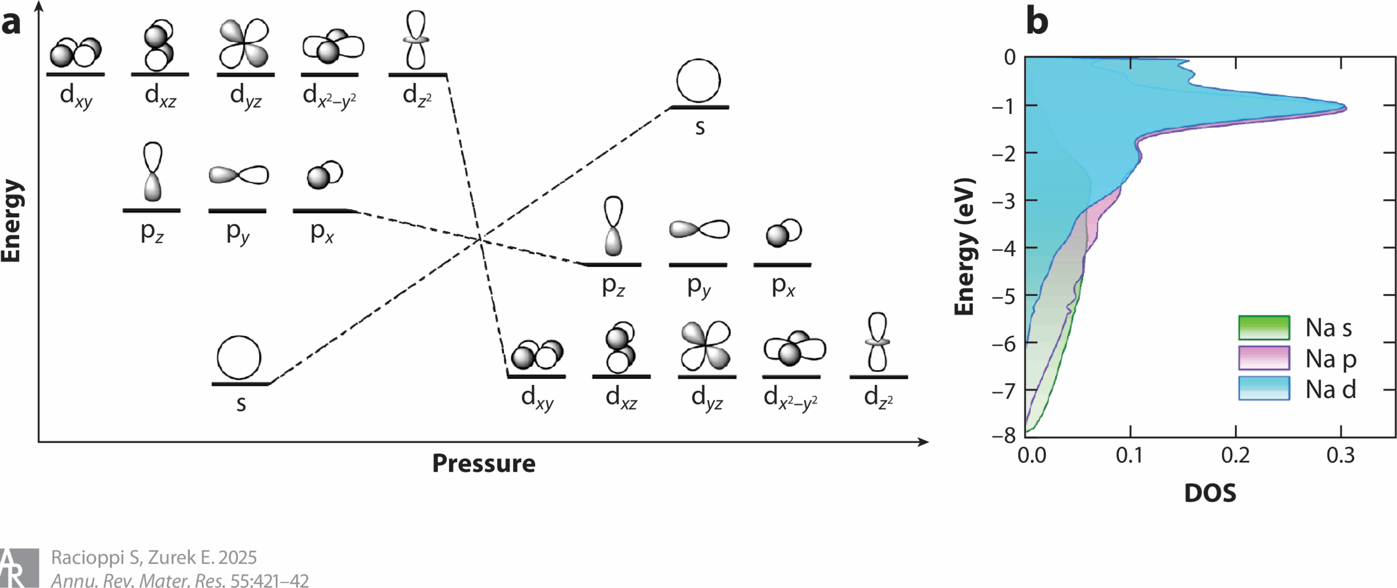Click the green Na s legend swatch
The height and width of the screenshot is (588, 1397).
(x=1263, y=328)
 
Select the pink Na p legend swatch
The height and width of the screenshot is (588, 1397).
(x=1263, y=358)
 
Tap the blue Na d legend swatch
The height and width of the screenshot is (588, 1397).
(x=1263, y=389)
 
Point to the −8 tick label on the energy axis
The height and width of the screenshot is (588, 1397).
(x=1004, y=436)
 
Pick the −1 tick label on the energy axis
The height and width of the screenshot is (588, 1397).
(x=1004, y=106)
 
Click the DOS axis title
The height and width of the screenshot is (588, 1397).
(x=1210, y=493)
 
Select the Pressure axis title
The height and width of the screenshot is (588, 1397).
(x=483, y=464)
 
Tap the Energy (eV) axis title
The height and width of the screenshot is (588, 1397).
(x=965, y=246)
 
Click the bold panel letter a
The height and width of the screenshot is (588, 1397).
(x=11, y=23)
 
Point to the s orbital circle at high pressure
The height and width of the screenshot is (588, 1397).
(x=698, y=81)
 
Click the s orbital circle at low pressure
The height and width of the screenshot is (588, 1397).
(x=239, y=358)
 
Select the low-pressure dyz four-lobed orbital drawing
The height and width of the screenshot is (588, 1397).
(x=244, y=44)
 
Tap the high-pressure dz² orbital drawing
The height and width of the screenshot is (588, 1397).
(x=877, y=342)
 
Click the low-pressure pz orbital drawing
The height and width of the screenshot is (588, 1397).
(x=153, y=171)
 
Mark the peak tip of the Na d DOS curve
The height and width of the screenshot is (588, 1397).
(x=1345, y=108)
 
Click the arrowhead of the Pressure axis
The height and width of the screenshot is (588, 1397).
(x=923, y=442)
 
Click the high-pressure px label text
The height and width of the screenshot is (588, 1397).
(x=783, y=287)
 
